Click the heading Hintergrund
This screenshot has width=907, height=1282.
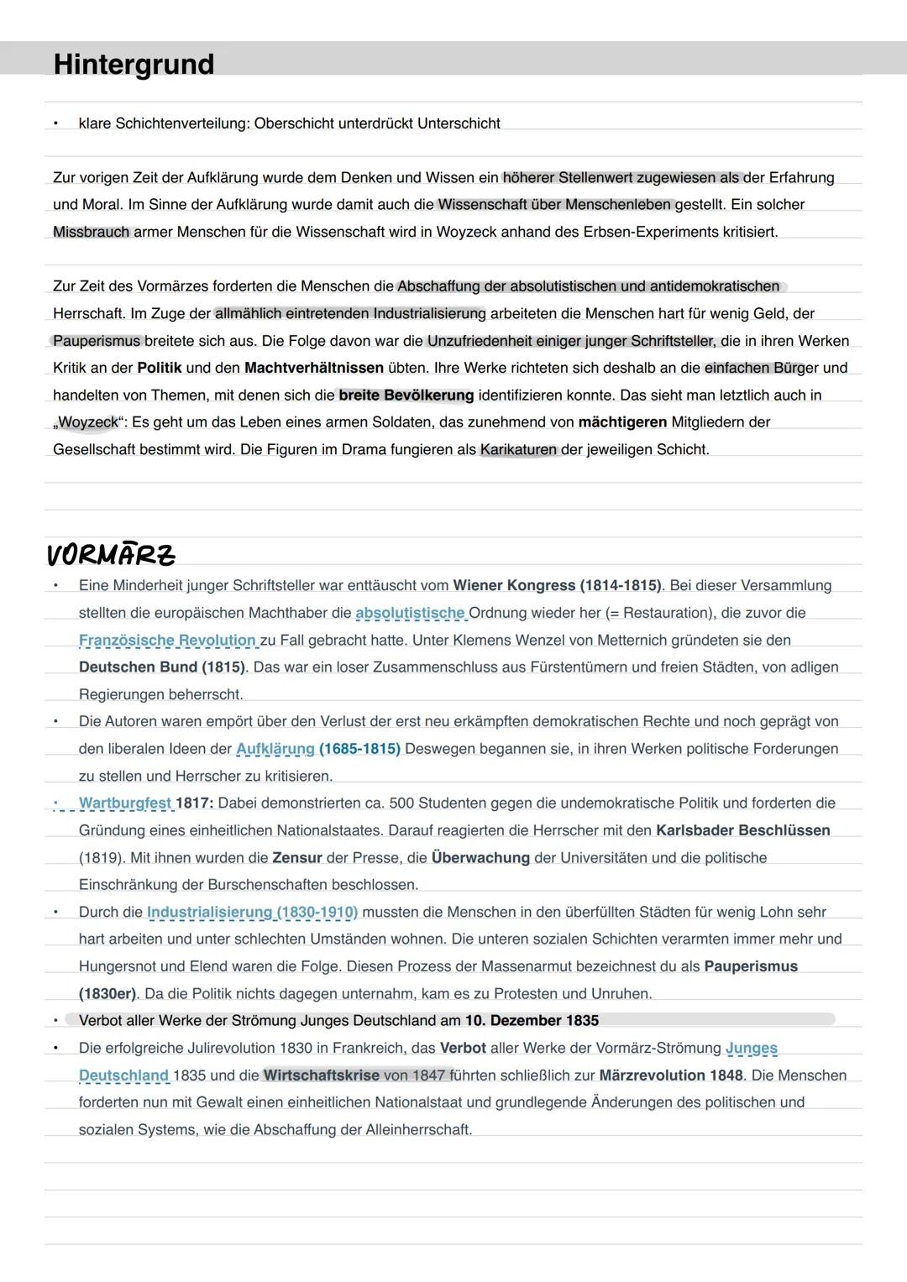click(134, 65)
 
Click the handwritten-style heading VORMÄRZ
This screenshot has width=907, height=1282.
click(111, 555)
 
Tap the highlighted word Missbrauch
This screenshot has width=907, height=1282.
click(92, 232)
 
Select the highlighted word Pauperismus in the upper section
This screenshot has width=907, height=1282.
click(96, 341)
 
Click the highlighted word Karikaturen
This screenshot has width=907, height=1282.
click(518, 450)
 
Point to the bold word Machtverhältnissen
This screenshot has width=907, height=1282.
click(313, 368)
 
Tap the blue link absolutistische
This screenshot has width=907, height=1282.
click(410, 613)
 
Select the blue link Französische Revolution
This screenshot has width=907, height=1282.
click(167, 641)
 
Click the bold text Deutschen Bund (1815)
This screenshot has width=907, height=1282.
click(161, 667)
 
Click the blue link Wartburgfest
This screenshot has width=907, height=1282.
click(125, 803)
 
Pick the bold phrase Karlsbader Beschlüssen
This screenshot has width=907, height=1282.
click(742, 830)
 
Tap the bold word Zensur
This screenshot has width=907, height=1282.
click(297, 858)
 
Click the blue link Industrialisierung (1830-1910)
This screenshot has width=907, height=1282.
click(252, 912)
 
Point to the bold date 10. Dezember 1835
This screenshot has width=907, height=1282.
click(532, 1021)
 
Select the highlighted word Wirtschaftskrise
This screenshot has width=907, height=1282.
click(321, 1075)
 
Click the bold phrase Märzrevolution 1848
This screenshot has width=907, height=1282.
click(670, 1075)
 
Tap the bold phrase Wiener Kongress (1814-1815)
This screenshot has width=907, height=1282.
click(557, 586)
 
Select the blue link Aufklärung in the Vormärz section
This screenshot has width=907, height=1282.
click(275, 749)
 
